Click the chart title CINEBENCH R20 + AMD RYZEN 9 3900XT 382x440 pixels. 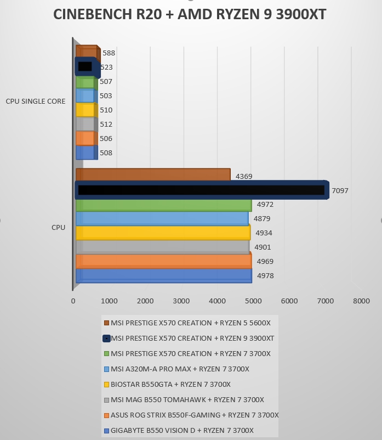click(190, 14)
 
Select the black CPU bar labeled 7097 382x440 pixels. click(202, 190)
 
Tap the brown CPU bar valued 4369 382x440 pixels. click(153, 174)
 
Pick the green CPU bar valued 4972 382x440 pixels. click(164, 205)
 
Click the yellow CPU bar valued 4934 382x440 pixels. click(163, 233)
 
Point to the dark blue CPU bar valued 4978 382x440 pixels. click(164, 275)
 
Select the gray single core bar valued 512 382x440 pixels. click(87, 124)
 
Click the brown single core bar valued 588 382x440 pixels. click(88, 52)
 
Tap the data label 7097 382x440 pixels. click(340, 191)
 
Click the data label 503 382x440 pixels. click(106, 95)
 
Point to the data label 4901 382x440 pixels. click(263, 247)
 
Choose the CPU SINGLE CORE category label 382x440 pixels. click(36, 101)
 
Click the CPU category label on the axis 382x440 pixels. click(58, 227)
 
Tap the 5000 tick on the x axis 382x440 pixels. click(253, 301)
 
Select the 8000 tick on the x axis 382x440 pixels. click(361, 301)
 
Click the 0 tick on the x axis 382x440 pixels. click(73, 301)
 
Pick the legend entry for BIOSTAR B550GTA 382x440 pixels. click(167, 385)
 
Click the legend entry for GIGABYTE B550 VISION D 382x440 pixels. click(179, 431)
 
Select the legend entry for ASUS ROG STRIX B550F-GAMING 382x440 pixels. click(191, 415)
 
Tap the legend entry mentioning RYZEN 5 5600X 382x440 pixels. click(187, 323)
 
